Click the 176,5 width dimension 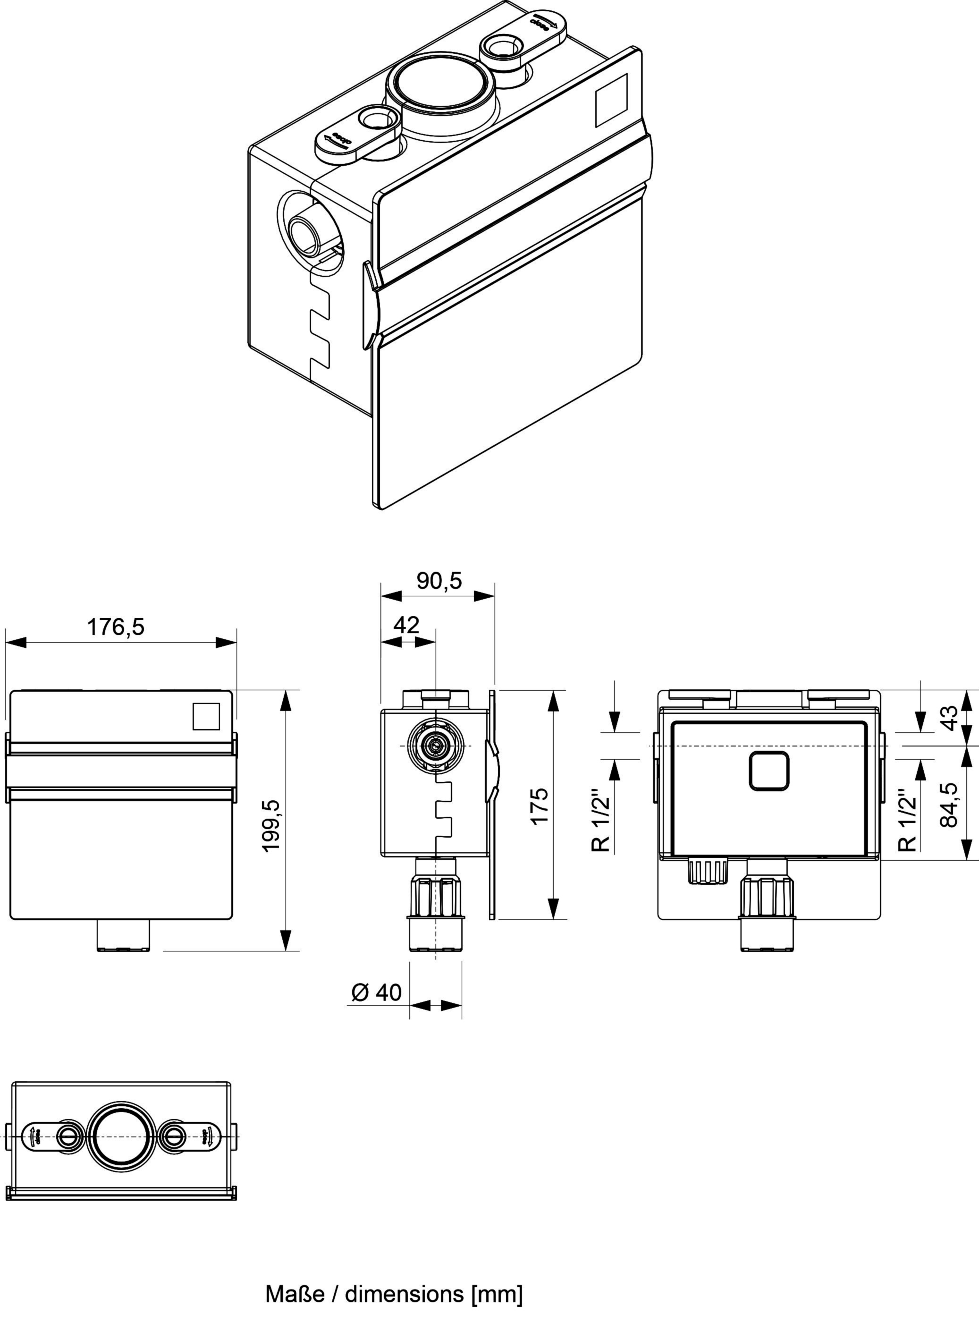116,627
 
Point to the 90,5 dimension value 439,581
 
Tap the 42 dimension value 406,625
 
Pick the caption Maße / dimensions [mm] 394,1293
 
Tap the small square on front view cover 206,716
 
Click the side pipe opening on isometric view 311,232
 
